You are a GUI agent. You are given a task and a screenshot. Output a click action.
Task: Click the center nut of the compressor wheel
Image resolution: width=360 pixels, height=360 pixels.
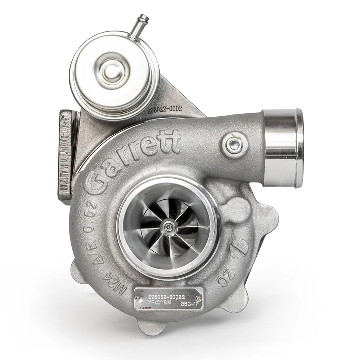point(168,226)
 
